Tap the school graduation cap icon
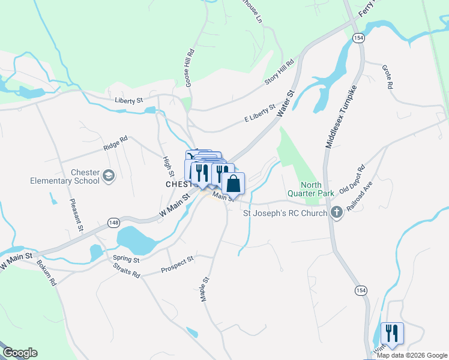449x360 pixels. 109,175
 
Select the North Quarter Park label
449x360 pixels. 310,189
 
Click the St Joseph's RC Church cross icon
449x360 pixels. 337,212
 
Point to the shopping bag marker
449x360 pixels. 234,183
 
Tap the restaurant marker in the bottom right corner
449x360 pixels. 392,333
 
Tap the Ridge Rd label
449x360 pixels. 115,142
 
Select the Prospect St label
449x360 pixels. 177,265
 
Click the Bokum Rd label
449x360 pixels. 46,272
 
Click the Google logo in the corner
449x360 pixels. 20,353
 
